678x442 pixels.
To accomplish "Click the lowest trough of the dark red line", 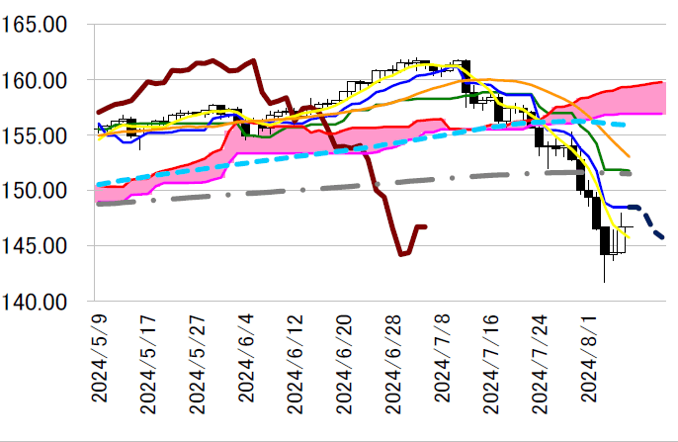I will tap(401, 254).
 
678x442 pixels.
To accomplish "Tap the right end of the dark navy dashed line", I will tap(663, 237).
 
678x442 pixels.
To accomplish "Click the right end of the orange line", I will tap(629, 156).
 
